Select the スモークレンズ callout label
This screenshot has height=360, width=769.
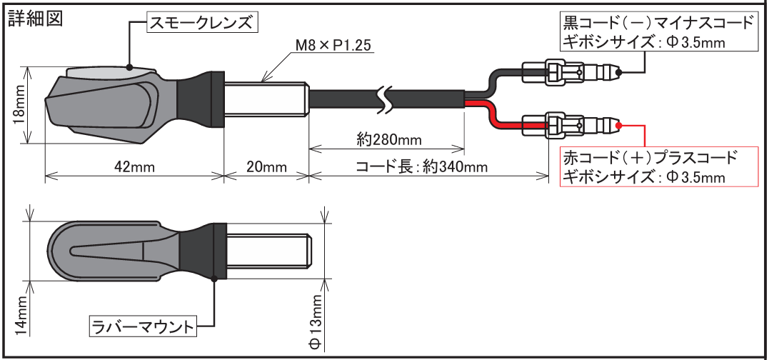pos(202,23)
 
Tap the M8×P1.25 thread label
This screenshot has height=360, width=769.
pos(334,47)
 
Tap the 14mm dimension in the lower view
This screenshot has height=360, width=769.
pos(19,315)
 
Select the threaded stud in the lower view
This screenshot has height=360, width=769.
pos(267,249)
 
